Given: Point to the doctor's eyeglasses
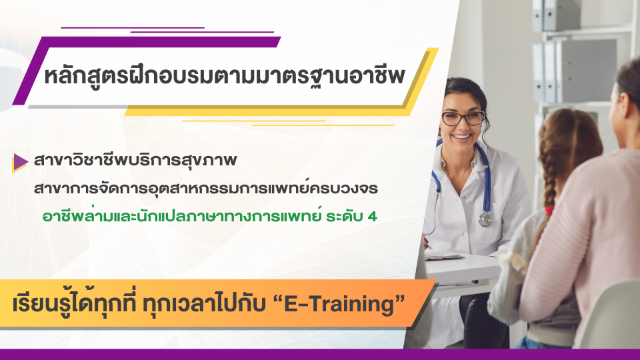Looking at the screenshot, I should point(463,119).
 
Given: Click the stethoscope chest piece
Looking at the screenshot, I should point(485,219).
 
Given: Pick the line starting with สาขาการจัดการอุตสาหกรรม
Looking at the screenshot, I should point(206,189).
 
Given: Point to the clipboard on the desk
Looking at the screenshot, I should point(443,257).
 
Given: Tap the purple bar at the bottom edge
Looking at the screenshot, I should point(320,354).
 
